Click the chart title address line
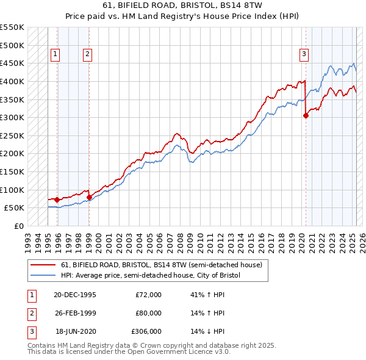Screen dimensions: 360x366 (x=183, y=6)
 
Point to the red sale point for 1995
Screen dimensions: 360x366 (x=57, y=200)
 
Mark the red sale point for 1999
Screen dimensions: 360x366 (x=89, y=197)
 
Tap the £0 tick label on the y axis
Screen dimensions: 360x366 (x=18, y=226)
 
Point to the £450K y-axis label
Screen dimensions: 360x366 (x=12, y=63)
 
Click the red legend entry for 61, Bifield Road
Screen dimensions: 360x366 (x=162, y=265)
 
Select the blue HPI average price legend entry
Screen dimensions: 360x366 (x=151, y=275)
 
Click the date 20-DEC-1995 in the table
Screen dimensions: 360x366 (x=75, y=295)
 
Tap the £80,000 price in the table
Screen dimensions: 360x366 (x=148, y=313)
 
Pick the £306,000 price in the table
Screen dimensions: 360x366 (x=147, y=331)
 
